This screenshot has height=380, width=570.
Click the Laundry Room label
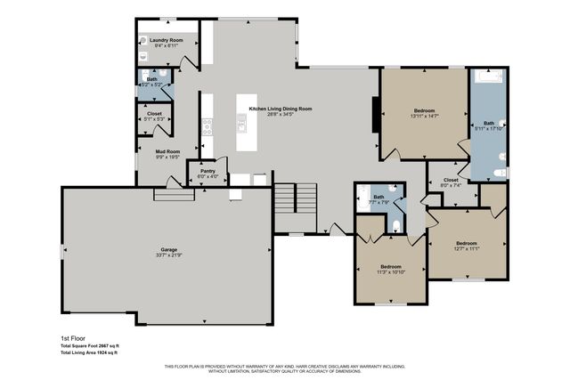tap(166, 40)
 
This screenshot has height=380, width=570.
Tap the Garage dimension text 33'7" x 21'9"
tap(168, 255)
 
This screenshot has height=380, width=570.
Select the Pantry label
tap(208, 171)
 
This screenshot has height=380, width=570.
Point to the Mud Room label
tap(168, 151)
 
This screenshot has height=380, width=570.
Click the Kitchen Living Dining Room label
tap(281, 109)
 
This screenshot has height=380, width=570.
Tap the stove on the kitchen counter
tap(208, 126)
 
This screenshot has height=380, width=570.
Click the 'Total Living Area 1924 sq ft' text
tap(89, 353)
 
